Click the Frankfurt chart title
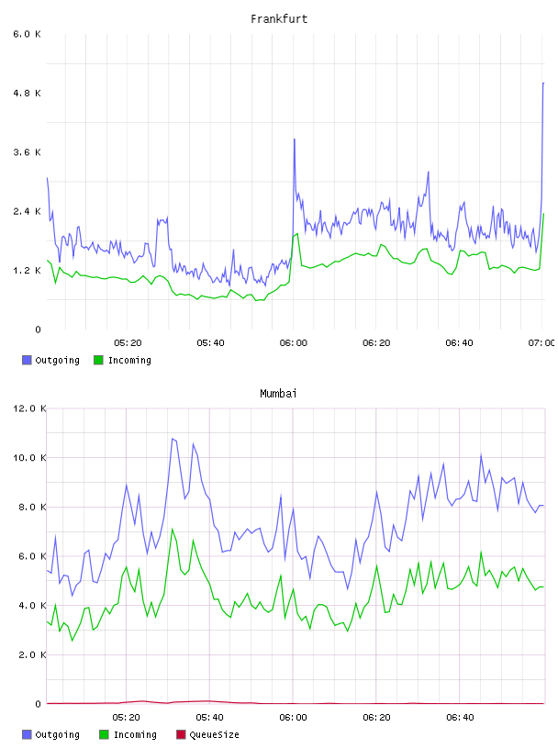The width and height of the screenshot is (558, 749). click(279, 19)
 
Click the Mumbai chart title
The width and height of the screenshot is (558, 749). click(278, 394)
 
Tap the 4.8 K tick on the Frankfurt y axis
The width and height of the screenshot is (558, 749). click(27, 93)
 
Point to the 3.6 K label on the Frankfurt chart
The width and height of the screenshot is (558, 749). click(27, 152)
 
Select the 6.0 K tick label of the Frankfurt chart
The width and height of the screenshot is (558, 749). click(27, 34)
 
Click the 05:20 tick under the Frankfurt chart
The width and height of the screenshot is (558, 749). click(128, 343)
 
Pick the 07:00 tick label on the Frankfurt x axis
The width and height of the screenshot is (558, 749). click(541, 343)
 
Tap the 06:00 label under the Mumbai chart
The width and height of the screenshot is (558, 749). click(293, 718)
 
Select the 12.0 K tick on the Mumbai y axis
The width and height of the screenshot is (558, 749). click(29, 408)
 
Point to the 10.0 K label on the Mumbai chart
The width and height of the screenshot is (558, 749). click(29, 458)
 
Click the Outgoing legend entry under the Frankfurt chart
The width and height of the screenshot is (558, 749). click(50, 360)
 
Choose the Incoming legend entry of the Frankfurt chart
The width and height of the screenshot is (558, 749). click(122, 360)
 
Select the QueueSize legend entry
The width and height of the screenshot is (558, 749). click(207, 734)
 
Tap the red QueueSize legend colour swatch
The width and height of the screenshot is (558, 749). click(181, 734)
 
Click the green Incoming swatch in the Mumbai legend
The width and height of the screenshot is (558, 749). click(104, 734)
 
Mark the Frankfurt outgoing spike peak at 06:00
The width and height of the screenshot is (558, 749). click(295, 139)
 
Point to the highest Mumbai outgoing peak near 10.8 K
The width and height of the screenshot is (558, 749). click(173, 439)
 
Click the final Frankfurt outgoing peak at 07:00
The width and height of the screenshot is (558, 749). click(543, 84)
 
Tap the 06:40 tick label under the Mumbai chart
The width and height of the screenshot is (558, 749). click(460, 718)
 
